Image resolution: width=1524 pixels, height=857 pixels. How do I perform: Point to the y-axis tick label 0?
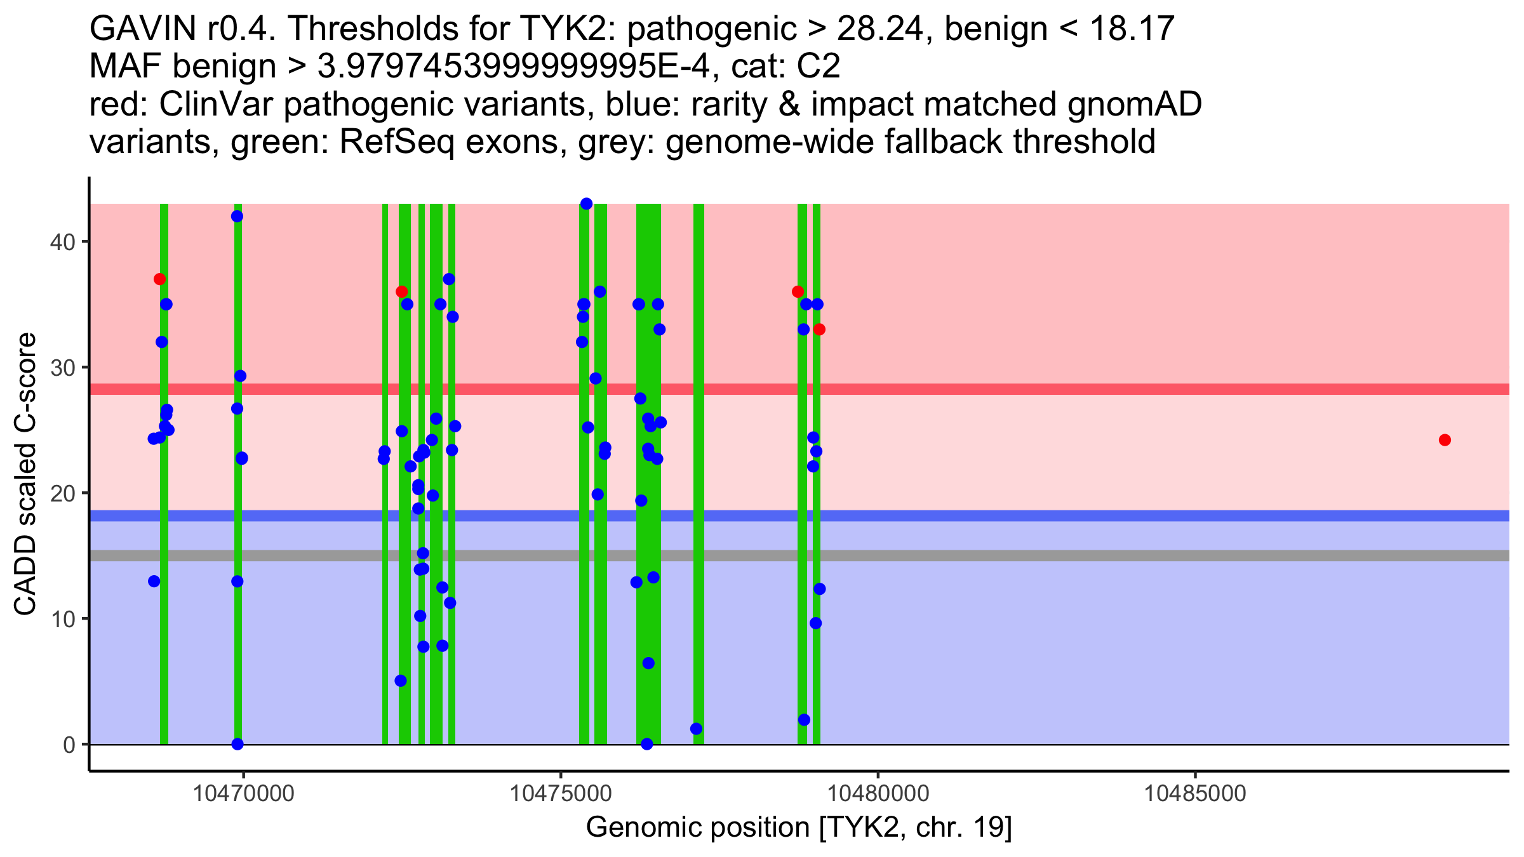coord(69,745)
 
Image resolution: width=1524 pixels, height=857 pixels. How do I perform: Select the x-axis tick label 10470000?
coord(243,794)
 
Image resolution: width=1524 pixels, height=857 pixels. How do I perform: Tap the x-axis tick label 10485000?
coord(1196,794)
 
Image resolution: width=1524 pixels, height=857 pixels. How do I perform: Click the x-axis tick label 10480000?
coord(878,794)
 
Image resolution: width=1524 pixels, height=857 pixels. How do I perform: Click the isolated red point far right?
coord(1445,440)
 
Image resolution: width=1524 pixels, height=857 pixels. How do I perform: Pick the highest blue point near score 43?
coord(586,204)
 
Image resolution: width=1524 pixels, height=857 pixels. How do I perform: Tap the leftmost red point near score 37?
coord(159,279)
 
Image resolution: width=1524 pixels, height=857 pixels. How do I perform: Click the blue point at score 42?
coord(237,216)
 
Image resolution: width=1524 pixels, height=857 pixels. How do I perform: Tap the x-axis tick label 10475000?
coord(561,794)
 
